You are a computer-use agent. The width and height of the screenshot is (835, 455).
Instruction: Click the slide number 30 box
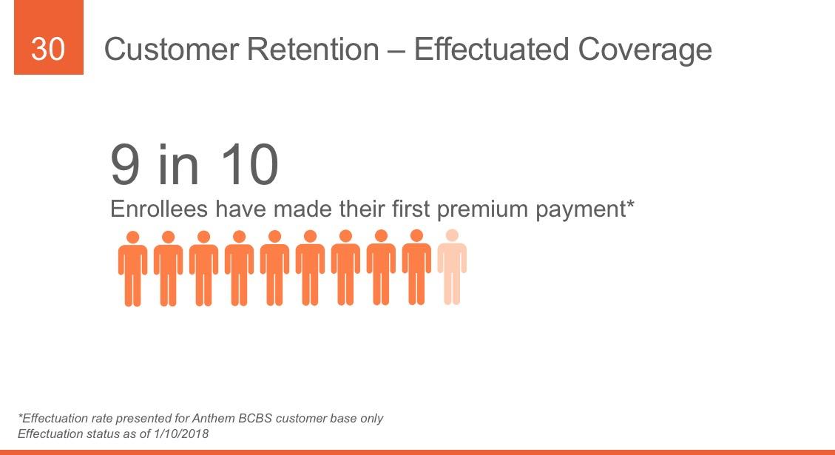pyautogui.click(x=49, y=37)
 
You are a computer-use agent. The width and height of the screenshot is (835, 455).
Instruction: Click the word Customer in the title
pyautogui.click(x=172, y=50)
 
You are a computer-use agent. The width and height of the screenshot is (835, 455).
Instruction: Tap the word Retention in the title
pyautogui.click(x=313, y=50)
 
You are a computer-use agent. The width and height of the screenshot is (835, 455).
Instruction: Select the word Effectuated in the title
pyautogui.click(x=492, y=50)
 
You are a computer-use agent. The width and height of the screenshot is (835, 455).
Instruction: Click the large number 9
pyautogui.click(x=126, y=165)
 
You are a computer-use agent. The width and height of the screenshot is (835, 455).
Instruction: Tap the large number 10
pyautogui.click(x=249, y=165)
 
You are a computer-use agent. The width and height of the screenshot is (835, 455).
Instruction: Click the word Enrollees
pyautogui.click(x=159, y=209)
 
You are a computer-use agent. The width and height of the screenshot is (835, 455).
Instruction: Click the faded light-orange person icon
pyautogui.click(x=452, y=267)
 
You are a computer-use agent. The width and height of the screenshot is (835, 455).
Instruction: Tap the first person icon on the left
pyautogui.click(x=132, y=269)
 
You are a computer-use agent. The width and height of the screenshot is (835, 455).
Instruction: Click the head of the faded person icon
pyautogui.click(x=452, y=235)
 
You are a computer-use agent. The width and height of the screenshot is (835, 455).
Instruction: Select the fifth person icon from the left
pyautogui.click(x=275, y=269)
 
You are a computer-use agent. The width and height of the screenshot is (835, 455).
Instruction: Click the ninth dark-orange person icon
pyautogui.click(x=416, y=267)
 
